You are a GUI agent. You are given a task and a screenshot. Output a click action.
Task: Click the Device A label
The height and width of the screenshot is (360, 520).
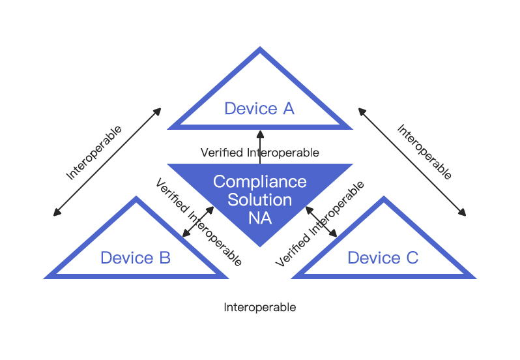259,108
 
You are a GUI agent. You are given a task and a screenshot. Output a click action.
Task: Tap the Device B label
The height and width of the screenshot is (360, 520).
136,258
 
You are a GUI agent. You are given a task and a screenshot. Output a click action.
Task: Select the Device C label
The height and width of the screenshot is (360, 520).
383,258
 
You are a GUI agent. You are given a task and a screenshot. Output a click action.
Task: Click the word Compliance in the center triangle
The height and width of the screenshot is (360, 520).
260,182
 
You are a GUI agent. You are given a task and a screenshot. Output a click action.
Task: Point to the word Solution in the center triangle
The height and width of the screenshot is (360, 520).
259,200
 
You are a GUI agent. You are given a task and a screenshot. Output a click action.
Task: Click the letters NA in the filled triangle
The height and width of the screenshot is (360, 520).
260,218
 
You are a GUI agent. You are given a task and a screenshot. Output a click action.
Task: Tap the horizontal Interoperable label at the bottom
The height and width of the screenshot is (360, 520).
260,307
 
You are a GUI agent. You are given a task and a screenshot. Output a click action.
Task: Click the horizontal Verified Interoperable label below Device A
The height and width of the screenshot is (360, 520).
260,153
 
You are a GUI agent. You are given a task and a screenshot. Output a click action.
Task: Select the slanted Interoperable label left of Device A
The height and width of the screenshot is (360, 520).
94,153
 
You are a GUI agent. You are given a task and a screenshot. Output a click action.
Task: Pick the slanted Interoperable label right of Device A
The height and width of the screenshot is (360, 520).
424,152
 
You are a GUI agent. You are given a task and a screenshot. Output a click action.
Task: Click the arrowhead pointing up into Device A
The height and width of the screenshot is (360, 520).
261,134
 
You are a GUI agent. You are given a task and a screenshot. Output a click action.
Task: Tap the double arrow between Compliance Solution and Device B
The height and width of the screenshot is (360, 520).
198,222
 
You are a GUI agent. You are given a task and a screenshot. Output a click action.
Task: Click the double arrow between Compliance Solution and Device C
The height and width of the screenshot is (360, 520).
321,222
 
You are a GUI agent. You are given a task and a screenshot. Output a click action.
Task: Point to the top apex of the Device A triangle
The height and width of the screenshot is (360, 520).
260,47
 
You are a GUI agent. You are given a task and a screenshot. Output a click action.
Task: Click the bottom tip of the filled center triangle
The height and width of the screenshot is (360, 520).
260,247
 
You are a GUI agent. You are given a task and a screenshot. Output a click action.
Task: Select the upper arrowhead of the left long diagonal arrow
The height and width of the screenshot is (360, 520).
158,111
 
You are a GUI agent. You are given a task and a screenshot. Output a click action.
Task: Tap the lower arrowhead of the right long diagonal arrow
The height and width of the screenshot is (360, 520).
463,213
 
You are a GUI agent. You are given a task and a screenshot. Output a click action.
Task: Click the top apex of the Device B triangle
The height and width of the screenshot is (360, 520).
136,196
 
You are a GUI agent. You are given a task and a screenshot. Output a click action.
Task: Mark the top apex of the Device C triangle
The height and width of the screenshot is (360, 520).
384,196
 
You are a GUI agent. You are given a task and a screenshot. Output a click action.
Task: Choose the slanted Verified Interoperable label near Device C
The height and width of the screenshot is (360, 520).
320,224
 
